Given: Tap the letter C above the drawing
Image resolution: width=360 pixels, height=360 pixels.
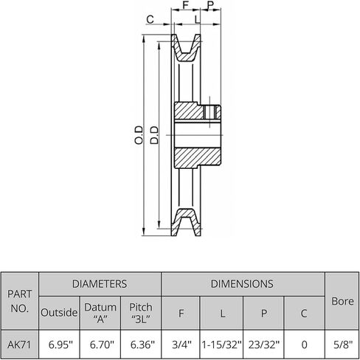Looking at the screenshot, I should click(150, 20).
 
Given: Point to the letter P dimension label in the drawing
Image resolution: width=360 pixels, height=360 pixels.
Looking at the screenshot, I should click(212, 6).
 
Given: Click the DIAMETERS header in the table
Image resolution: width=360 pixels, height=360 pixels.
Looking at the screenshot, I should click(99, 283).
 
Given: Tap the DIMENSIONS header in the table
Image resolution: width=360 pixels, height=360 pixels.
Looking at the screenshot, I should click(243, 283).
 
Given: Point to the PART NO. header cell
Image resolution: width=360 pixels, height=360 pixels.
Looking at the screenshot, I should click(20, 302).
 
